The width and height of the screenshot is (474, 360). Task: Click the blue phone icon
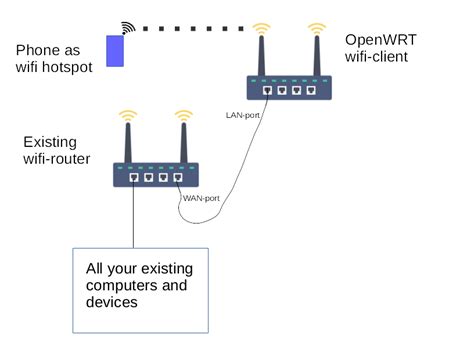pyautogui.click(x=115, y=52)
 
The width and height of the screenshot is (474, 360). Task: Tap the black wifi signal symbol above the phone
pyautogui.click(x=127, y=27)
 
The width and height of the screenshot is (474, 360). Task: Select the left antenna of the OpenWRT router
pyautogui.click(x=262, y=55)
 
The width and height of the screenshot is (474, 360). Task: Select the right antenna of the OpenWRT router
pyautogui.click(x=318, y=55)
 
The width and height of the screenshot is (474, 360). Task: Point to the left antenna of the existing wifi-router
pyautogui.click(x=127, y=140)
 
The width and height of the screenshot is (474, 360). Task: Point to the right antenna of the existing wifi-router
pyautogui.click(x=182, y=140)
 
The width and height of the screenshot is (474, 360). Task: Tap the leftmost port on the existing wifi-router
pyautogui.click(x=134, y=178)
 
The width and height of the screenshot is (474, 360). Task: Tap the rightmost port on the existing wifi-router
pyautogui.click(x=177, y=178)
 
